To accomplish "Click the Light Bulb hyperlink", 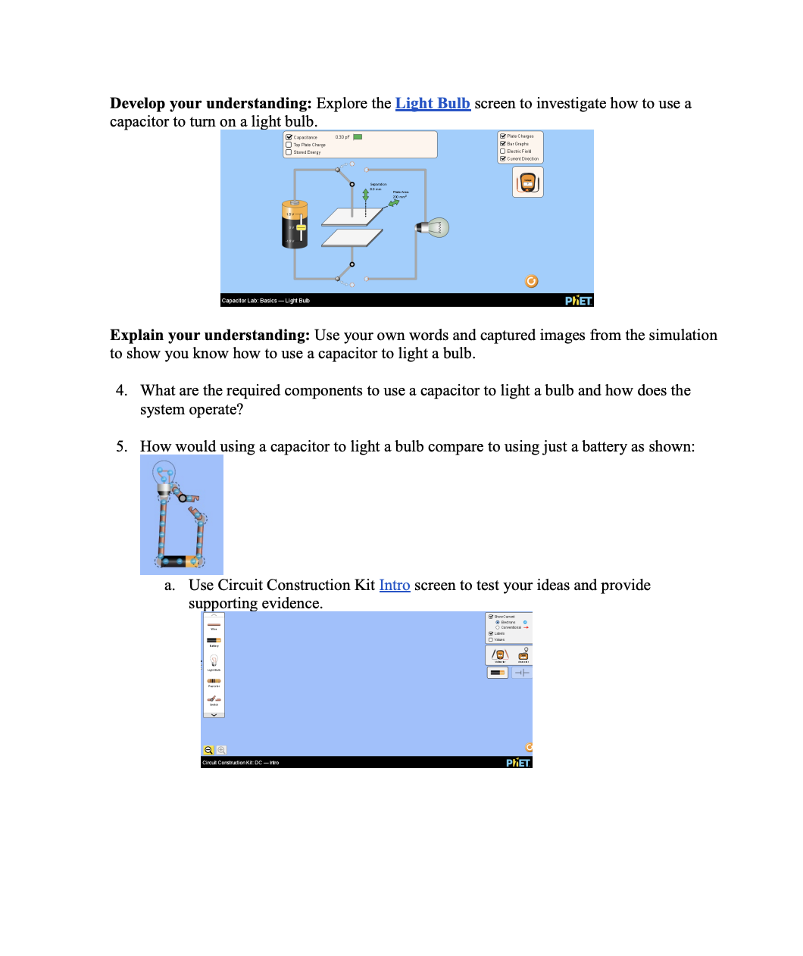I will tap(433, 104).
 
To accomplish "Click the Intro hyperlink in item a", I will tap(394, 586).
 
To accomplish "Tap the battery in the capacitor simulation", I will tap(295, 224).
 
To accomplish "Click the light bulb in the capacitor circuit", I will tap(435, 227).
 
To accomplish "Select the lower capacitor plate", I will tap(352, 238).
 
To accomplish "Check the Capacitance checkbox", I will tap(289, 137).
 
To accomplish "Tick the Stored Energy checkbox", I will tap(289, 152).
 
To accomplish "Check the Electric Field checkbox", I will tap(502, 152).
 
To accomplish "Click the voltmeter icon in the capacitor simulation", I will tap(528, 182).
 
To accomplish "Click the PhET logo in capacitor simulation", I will tap(578, 301).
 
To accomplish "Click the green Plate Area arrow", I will tap(394, 202).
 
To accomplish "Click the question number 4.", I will tap(121, 391).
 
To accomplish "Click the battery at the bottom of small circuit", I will tap(180, 561).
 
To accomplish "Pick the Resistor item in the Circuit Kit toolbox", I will tap(214, 681).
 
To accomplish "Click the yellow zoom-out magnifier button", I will tap(208, 750).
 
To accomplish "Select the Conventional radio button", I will tap(498, 627).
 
